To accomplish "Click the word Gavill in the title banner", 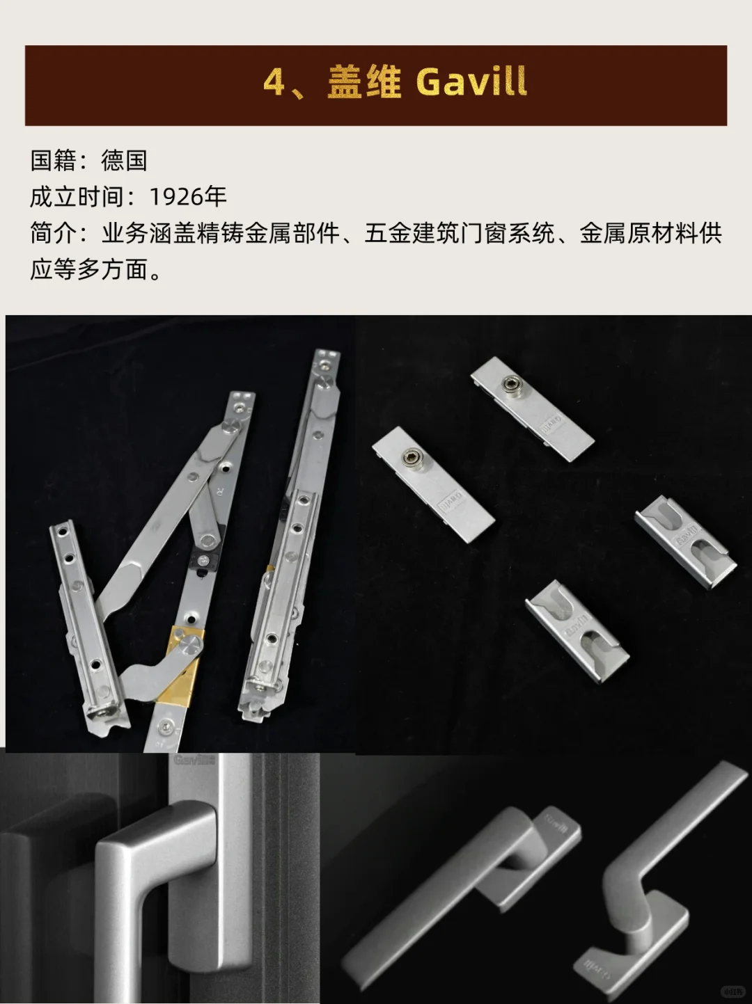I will coord(471,83).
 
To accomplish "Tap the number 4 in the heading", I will coord(274,83).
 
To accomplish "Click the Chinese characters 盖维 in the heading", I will coord(364,83).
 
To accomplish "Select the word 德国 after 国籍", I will coord(124,161).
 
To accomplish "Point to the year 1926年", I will coord(188,197).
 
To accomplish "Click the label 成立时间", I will coord(76,197).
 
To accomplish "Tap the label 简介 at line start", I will coord(53,233).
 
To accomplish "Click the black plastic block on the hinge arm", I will coord(202,560).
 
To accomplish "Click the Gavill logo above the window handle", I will coord(194,760).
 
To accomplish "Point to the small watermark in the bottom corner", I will coord(730,991).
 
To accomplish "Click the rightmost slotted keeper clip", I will coord(685,541).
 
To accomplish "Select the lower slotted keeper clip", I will coord(577,629).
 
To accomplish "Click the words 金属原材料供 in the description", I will coord(651,233).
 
